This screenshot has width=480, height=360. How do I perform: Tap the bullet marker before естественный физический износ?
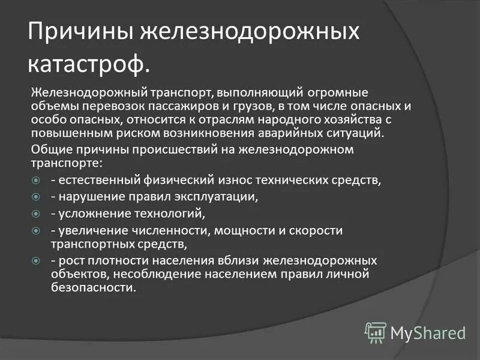click(x=35, y=180)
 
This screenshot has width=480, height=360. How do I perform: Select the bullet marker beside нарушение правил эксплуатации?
click(x=35, y=196)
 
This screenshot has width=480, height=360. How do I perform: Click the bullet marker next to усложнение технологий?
click(x=35, y=213)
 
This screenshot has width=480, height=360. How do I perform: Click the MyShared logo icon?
click(x=376, y=332)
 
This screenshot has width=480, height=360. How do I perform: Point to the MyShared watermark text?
click(x=428, y=332)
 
